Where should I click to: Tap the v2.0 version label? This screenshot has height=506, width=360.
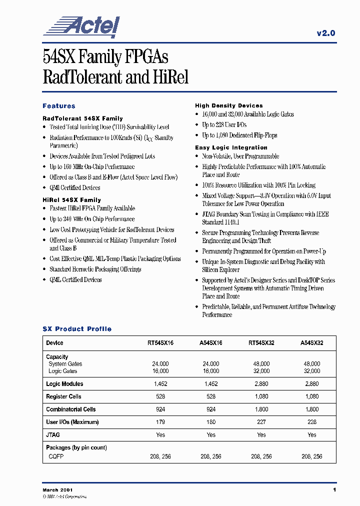click(x=326, y=33)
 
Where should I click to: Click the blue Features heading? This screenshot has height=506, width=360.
click(x=59, y=106)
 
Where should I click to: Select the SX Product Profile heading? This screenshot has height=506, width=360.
click(x=77, y=329)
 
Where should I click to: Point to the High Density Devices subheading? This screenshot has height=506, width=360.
click(x=228, y=105)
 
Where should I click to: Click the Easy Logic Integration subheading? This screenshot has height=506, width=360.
click(x=231, y=147)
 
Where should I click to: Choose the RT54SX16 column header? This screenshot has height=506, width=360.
click(x=160, y=343)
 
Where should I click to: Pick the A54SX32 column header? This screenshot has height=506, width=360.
click(x=312, y=343)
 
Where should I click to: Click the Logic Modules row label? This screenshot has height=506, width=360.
click(x=64, y=384)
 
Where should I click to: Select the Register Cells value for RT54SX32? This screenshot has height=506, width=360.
click(x=261, y=396)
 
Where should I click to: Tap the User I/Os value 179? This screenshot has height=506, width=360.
click(x=160, y=422)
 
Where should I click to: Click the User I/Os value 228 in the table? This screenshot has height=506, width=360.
click(x=312, y=422)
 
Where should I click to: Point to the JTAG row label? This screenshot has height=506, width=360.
click(x=53, y=435)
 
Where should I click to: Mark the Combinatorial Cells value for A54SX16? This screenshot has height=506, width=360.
click(x=211, y=409)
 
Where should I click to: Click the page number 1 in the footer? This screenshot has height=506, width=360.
click(x=334, y=489)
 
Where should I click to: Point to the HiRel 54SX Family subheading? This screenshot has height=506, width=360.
click(x=71, y=200)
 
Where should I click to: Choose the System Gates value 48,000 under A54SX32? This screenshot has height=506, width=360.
click(x=312, y=364)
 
